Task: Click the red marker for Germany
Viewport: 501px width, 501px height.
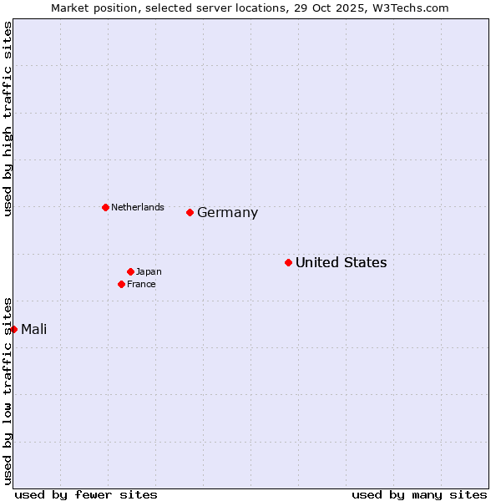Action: coord(190,212)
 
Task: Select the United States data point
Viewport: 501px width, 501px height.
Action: coord(288,262)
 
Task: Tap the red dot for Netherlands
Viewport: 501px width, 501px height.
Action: coord(105,207)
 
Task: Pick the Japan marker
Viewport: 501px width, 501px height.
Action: coord(130,271)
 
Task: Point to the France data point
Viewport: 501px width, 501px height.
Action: coord(122,284)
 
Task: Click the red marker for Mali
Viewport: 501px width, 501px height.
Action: coord(14,329)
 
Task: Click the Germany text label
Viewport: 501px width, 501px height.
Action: coord(227,213)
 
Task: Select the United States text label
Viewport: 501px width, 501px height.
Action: coord(341,263)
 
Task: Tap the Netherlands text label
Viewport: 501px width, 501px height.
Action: coord(137,207)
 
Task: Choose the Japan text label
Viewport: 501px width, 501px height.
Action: coord(149,271)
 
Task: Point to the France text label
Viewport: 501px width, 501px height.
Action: coord(141,284)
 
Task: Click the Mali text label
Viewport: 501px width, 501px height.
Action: coord(33,329)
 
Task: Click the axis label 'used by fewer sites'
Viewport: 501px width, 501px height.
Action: coord(86,494)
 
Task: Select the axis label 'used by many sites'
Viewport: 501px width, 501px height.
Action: coord(419,494)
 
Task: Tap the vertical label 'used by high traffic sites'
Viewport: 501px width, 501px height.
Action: coord(8,119)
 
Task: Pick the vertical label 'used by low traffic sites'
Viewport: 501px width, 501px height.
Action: coord(8,390)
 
